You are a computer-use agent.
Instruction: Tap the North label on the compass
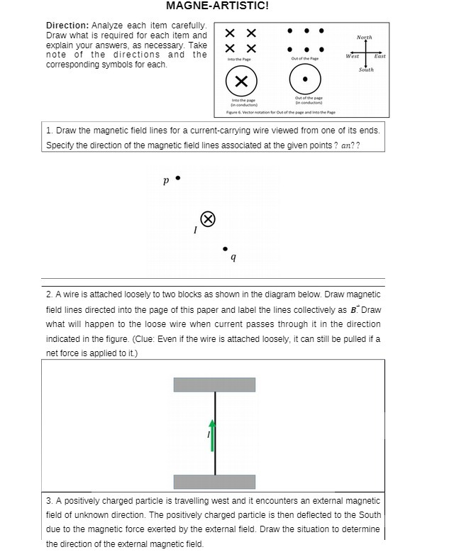pyautogui.click(x=364, y=38)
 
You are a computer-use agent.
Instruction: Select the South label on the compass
pyautogui.click(x=366, y=70)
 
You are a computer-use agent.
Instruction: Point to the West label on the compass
pyautogui.click(x=352, y=55)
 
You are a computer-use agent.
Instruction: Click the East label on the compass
pyautogui.click(x=380, y=55)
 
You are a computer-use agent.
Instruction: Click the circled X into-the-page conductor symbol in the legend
pyautogui.click(x=240, y=81)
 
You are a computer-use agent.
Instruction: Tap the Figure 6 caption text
pyautogui.click(x=280, y=112)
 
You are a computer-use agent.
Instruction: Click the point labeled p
pyautogui.click(x=177, y=177)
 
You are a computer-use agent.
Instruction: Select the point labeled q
pyautogui.click(x=225, y=249)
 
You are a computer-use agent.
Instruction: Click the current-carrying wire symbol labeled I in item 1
pyautogui.click(x=206, y=219)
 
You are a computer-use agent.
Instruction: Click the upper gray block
pyautogui.click(x=215, y=385)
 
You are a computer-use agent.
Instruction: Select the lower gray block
pyautogui.click(x=215, y=482)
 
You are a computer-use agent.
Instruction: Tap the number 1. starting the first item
pyautogui.click(x=49, y=131)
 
